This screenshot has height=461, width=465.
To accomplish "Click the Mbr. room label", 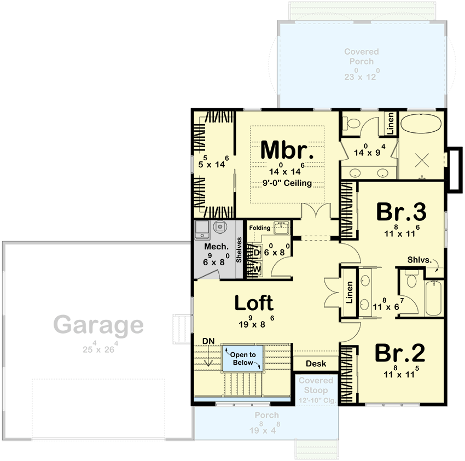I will click(287, 150).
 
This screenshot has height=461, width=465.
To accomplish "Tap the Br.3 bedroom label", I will click(400, 212).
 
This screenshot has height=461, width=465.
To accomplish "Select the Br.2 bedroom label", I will click(400, 353).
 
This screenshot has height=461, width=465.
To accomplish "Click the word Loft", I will click(254, 302).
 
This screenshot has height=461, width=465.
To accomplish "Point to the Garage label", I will click(99, 325).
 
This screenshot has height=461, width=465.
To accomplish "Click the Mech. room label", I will click(216, 247).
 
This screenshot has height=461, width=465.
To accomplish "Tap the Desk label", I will click(316, 364).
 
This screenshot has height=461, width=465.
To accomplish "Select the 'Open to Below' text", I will click(242, 359).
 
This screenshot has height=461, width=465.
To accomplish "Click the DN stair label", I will click(207, 341).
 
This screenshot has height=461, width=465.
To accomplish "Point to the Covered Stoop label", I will click(316, 385).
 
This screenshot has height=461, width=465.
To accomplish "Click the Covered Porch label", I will click(361, 56).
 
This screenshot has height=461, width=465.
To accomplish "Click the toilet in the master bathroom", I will click(352, 124).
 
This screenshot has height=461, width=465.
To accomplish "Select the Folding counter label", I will click(260, 227).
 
